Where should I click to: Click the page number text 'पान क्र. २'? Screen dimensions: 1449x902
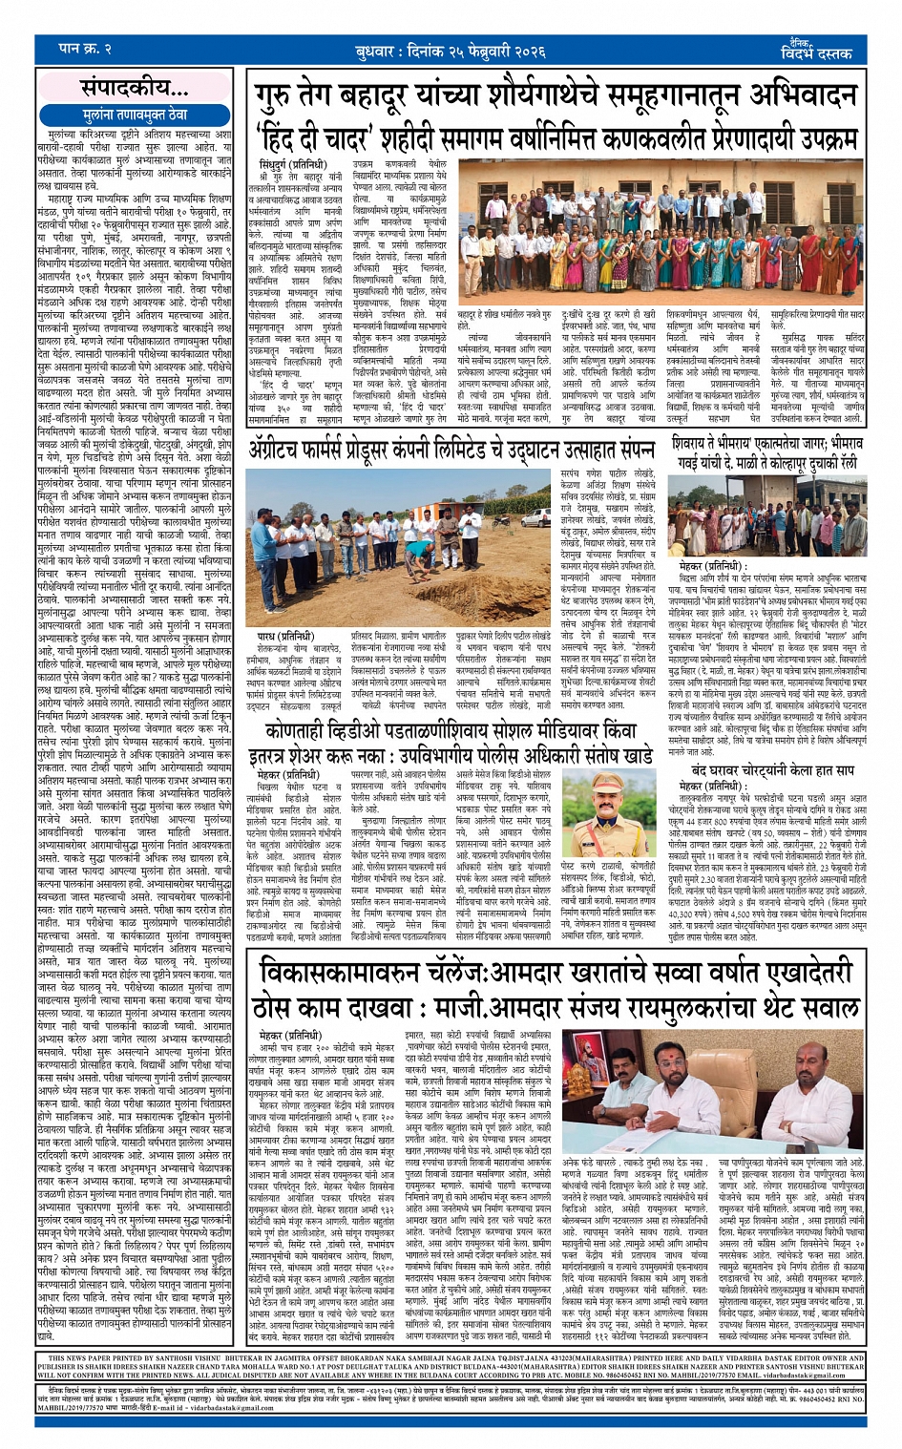85,49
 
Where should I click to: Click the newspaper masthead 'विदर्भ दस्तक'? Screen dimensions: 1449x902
816,53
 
